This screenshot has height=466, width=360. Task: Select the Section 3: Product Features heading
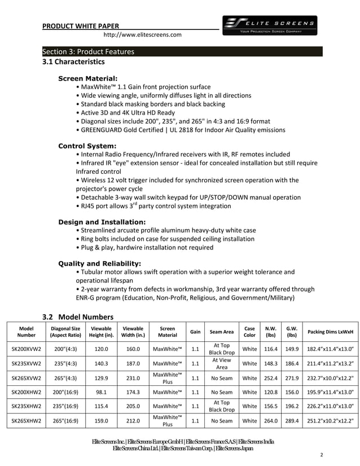[89, 52]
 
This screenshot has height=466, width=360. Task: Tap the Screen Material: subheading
[87, 78]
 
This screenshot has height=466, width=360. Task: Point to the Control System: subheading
[87, 146]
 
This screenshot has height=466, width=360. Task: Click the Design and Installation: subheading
[102, 222]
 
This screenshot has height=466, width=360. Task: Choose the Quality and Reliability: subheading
[99, 263]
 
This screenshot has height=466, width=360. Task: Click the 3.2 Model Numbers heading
[78, 316]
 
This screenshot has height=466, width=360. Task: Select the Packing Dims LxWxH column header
[330, 332]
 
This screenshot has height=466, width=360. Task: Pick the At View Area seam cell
[222, 363]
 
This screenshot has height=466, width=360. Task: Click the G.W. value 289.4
[292, 421]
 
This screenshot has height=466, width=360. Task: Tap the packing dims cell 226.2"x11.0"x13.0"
[330, 406]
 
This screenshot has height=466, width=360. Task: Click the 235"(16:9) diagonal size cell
[65, 406]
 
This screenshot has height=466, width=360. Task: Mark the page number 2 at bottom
[321, 455]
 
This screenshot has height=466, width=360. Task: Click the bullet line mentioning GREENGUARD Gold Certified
[182, 130]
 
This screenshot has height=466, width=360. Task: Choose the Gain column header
[195, 332]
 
